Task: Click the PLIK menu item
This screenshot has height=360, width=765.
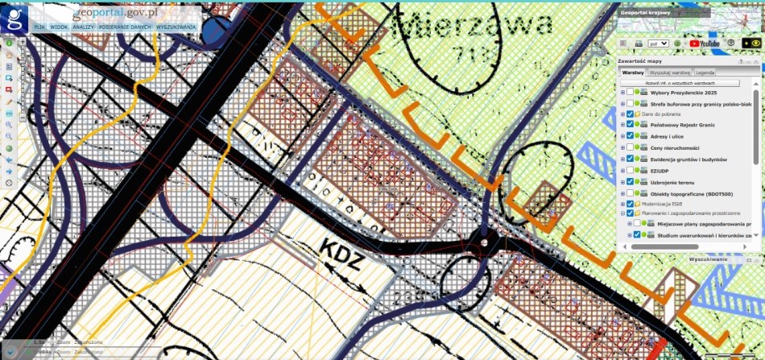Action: pos(39,27)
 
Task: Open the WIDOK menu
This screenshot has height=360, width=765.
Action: pos(58,27)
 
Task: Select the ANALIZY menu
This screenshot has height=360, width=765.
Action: pos(83,27)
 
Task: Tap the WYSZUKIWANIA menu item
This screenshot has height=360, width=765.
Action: pos(176,27)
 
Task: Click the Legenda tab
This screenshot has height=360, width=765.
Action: pos(705,72)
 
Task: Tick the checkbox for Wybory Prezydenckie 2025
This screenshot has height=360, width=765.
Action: pos(630,92)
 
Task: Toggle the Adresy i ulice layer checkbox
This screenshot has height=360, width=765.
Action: pos(630,136)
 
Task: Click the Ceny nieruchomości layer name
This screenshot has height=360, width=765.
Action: pos(675,147)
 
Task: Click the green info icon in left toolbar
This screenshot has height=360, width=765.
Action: pos(8,42)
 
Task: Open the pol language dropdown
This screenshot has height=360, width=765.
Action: pos(658,43)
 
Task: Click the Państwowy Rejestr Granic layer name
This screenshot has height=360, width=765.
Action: pos(683,125)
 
